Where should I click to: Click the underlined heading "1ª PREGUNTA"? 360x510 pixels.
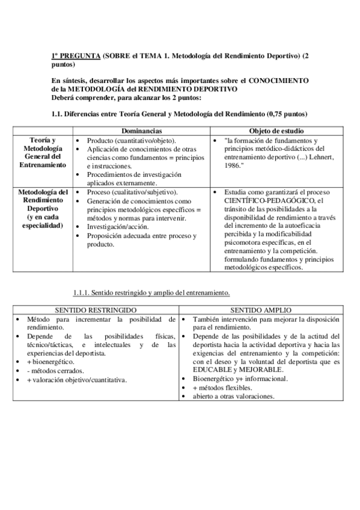[76, 55]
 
